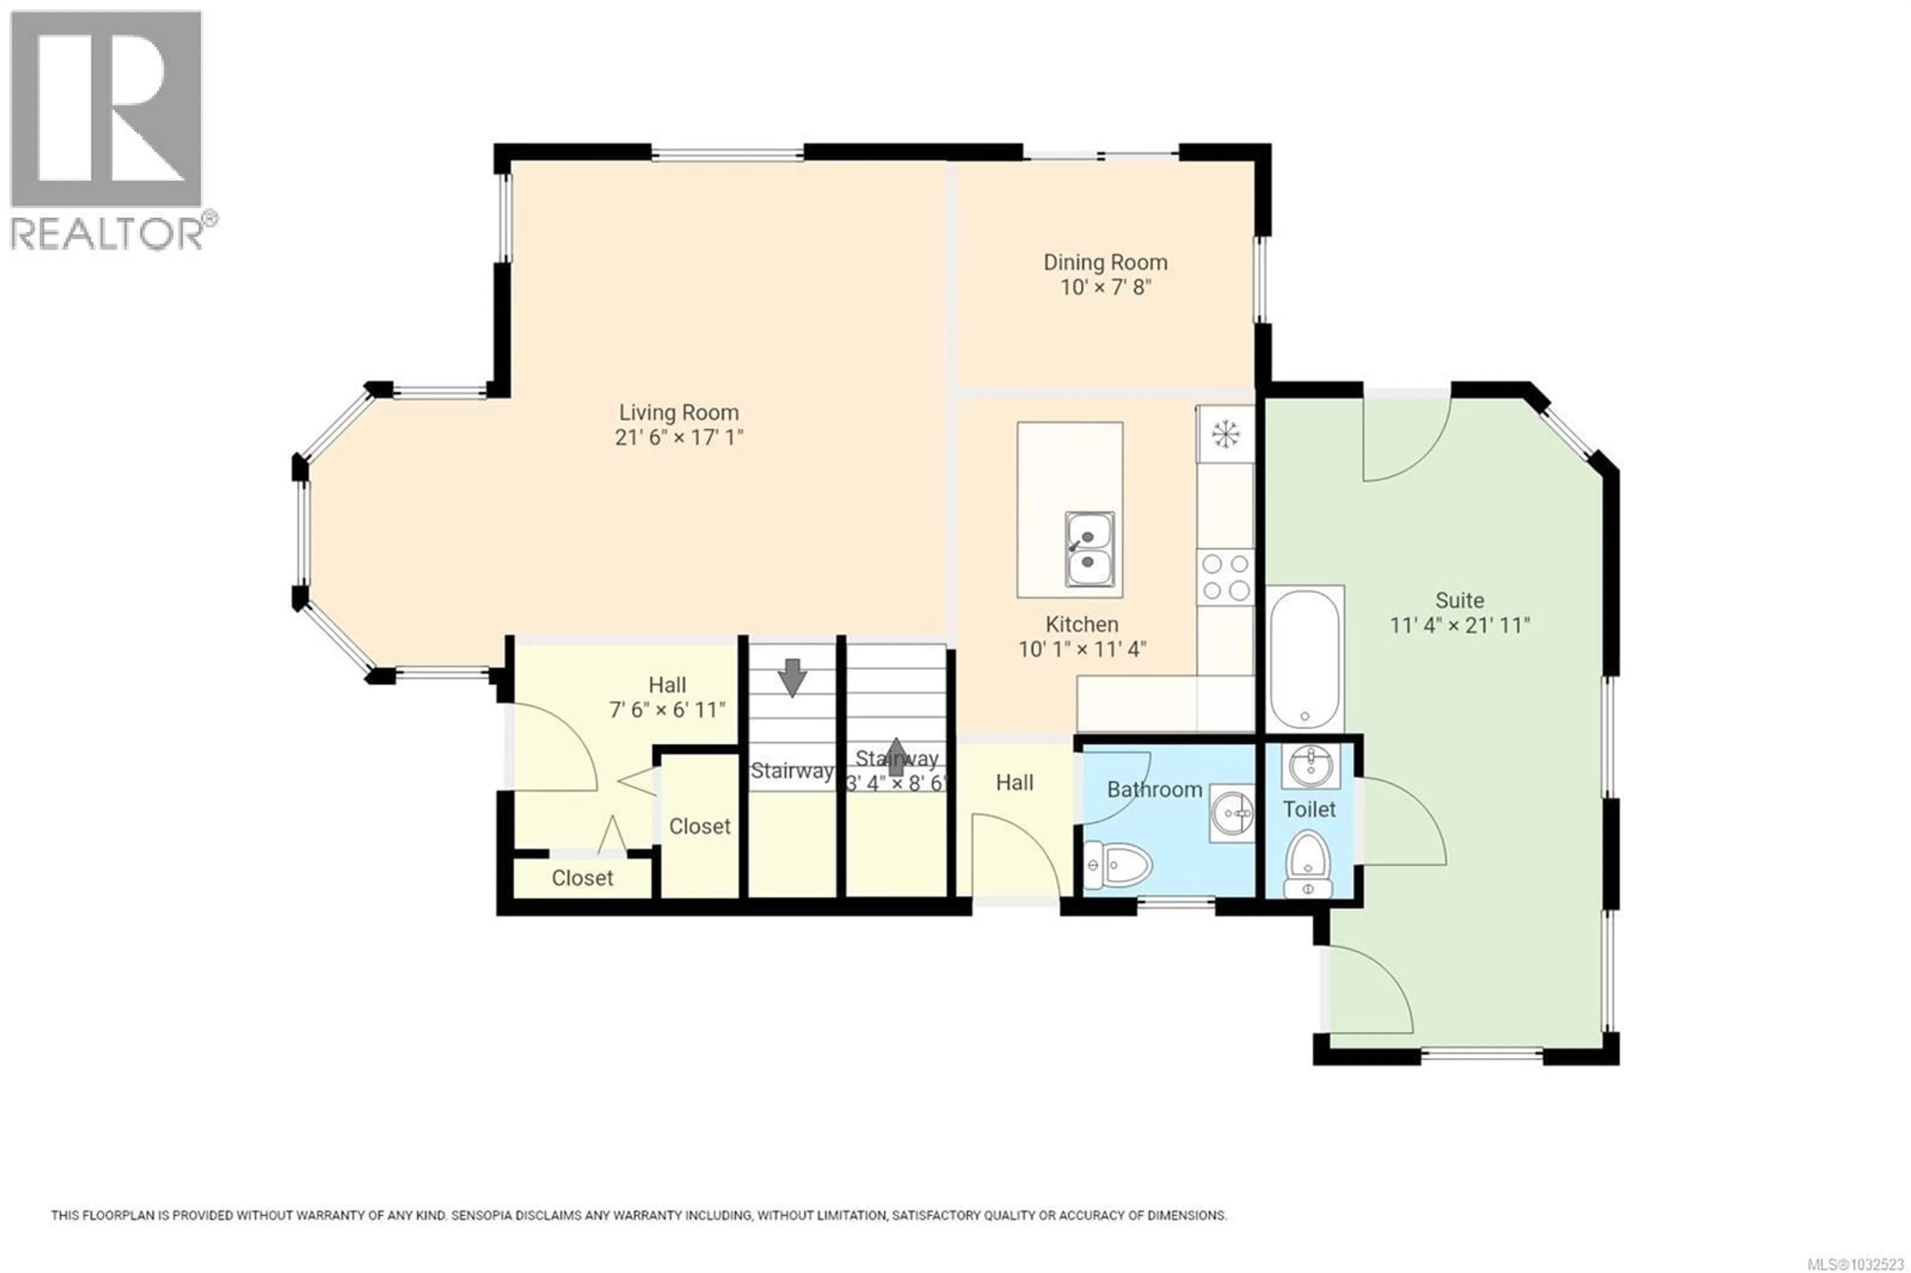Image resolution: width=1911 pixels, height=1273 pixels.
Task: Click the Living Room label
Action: tap(679, 413)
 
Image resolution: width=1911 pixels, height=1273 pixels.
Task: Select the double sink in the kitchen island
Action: tap(1089, 549)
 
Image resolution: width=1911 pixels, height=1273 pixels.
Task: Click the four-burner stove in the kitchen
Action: tap(1225, 576)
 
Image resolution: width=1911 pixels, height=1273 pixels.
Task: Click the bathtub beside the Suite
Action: tap(1304, 659)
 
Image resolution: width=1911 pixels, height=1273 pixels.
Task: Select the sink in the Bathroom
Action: tap(1232, 812)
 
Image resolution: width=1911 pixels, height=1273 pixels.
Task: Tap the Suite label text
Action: tap(1459, 601)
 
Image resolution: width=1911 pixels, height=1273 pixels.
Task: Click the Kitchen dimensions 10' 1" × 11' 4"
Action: tap(1081, 649)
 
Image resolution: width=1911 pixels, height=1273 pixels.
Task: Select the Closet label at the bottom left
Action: tap(582, 878)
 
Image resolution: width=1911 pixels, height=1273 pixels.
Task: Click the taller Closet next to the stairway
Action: tap(699, 827)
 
